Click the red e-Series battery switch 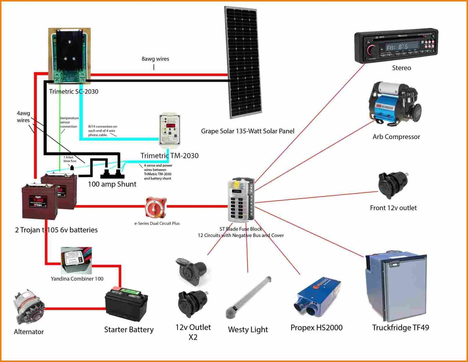tap(156, 207)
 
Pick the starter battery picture tap(126, 305)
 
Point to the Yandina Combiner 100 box tap(76, 260)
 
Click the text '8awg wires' tap(155, 59)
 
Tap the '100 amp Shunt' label tap(112, 184)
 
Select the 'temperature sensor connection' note tap(69, 122)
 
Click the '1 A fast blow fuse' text tap(70, 159)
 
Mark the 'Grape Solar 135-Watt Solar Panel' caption tap(247, 131)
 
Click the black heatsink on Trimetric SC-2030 tap(69, 49)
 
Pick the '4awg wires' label tap(23, 117)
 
